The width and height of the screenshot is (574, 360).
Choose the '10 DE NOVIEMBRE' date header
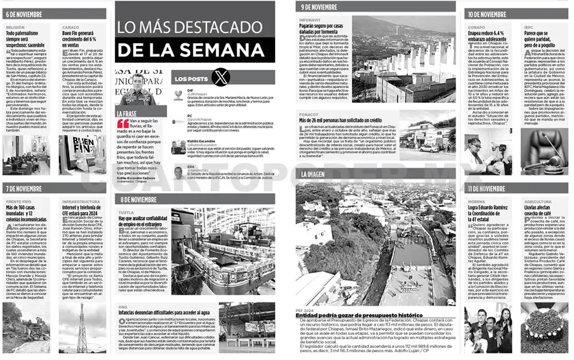[487, 14]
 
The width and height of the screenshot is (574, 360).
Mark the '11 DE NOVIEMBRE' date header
[487, 188]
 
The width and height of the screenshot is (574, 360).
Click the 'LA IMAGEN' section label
[313, 174]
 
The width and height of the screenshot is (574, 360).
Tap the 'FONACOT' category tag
[309, 114]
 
